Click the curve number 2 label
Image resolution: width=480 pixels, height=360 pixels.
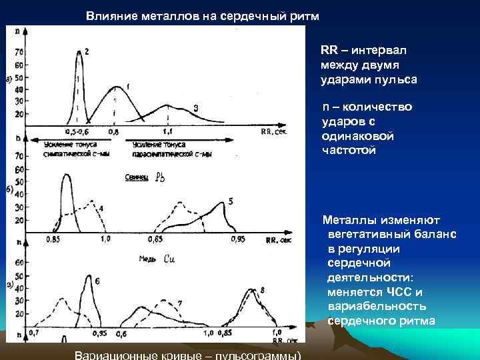(x=87, y=51)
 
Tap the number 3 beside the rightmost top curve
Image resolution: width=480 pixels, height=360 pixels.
(x=195, y=108)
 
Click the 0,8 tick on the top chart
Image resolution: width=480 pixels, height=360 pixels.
(x=114, y=133)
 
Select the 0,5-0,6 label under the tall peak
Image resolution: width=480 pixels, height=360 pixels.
(x=78, y=133)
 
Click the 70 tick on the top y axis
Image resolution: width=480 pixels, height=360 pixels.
(x=18, y=51)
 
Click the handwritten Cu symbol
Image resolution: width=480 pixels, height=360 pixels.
(x=169, y=259)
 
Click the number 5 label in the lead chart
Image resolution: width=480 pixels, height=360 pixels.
(x=230, y=201)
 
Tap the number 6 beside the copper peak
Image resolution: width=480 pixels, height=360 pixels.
(x=97, y=281)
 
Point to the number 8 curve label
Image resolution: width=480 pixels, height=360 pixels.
(x=263, y=289)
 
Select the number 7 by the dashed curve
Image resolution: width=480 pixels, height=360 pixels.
(x=180, y=303)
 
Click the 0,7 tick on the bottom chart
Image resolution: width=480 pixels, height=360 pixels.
(x=34, y=331)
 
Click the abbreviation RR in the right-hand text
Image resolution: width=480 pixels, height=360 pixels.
(x=329, y=51)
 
